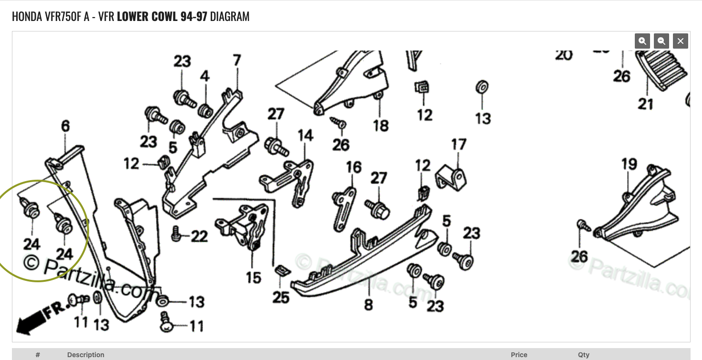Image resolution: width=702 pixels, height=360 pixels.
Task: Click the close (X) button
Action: tap(681, 41)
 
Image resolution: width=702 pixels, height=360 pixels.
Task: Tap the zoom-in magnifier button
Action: tap(642, 41)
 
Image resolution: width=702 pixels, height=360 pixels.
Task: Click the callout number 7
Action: tap(237, 61)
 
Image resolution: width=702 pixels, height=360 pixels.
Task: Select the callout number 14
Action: tap(305, 135)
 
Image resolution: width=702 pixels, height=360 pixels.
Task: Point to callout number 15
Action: tap(254, 277)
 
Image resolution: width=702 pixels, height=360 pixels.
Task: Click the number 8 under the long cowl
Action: tap(368, 304)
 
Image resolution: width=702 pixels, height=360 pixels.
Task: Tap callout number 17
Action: tap(458, 144)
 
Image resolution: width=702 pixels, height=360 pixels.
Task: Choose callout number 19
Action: tap(629, 165)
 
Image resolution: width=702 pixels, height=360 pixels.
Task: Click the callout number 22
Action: tap(200, 236)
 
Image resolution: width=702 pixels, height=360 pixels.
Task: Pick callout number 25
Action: tap(281, 297)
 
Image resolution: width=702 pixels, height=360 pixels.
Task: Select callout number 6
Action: tap(65, 126)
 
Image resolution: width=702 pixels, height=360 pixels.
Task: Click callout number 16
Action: tap(354, 167)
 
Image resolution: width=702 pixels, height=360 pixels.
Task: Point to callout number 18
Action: tap(381, 125)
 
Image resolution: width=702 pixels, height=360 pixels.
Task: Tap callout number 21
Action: tap(645, 103)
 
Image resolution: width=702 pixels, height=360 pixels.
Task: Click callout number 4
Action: tap(204, 76)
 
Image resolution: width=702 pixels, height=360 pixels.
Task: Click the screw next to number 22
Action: tap(175, 233)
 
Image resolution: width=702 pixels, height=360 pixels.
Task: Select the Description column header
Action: tap(86, 355)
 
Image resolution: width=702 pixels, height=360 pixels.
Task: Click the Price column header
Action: tap(519, 355)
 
